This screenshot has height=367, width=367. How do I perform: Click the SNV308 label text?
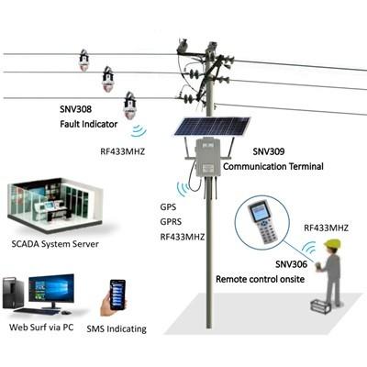tap(75, 109)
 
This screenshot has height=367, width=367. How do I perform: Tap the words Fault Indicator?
tap(89, 124)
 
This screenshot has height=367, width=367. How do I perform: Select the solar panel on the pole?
tap(213, 126)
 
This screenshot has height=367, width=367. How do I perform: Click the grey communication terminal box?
tap(208, 158)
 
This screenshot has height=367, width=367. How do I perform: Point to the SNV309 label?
tap(269, 151)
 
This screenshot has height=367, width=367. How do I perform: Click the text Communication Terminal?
tap(273, 166)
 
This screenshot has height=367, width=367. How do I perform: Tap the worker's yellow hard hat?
tap(333, 243)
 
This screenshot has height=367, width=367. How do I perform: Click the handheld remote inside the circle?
tap(262, 221)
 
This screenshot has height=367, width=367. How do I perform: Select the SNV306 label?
tap(291, 264)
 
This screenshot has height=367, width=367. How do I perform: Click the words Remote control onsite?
tap(261, 279)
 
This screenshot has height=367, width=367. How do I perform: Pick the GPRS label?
tap(171, 222)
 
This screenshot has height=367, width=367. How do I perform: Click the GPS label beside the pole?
tap(168, 207)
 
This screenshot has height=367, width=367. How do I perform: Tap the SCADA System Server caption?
tap(55, 244)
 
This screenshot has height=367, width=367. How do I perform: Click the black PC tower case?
tap(13, 293)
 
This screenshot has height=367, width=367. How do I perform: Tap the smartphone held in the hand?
tap(117, 295)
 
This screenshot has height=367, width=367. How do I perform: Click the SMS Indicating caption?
tap(117, 329)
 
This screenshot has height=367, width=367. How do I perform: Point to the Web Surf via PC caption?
tap(41, 328)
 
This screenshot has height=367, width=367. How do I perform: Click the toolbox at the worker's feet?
tap(320, 306)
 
